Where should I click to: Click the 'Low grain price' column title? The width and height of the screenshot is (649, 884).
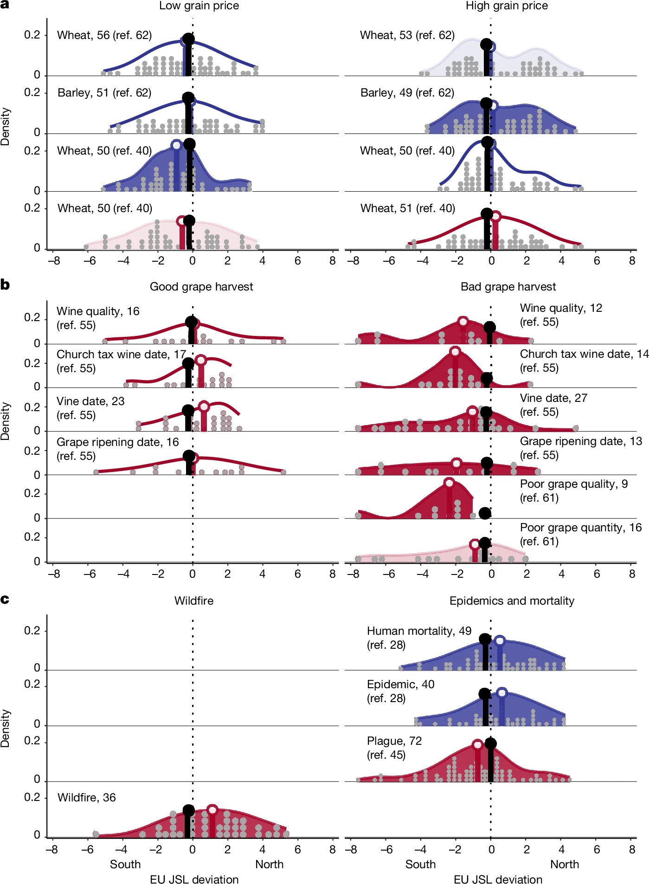[x=199, y=6]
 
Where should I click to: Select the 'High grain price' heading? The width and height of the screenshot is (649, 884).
[x=507, y=6]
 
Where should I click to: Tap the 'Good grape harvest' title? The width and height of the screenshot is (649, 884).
[x=201, y=286]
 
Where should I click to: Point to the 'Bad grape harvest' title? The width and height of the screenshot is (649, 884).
[x=508, y=286]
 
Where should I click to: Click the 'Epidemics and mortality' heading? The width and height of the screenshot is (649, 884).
[x=512, y=600]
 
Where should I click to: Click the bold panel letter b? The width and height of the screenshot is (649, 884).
[x=5, y=284]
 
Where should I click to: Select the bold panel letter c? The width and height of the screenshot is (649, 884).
[x=5, y=600]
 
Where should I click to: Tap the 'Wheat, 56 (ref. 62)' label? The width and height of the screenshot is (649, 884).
[x=104, y=35]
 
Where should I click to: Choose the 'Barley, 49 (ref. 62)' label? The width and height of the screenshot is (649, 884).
[x=407, y=93]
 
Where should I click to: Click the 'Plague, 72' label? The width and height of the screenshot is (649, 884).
[x=394, y=741]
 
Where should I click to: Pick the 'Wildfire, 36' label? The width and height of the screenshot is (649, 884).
[x=87, y=797]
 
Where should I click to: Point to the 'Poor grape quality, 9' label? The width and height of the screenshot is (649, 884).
[x=574, y=484]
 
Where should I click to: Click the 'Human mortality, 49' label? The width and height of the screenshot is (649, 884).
[x=419, y=631]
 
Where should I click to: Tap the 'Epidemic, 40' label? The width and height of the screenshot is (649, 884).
[x=401, y=684]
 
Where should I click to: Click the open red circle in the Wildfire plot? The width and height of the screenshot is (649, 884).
[x=212, y=810]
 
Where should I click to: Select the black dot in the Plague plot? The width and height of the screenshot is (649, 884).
[x=490, y=743]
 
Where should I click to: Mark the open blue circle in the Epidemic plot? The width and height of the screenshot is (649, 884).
[x=501, y=693]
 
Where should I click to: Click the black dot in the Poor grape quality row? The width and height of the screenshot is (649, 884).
[x=485, y=513]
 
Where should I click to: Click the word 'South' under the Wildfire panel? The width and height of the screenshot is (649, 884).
[x=125, y=864]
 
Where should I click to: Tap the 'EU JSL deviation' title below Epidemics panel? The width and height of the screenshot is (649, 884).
[x=498, y=879]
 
